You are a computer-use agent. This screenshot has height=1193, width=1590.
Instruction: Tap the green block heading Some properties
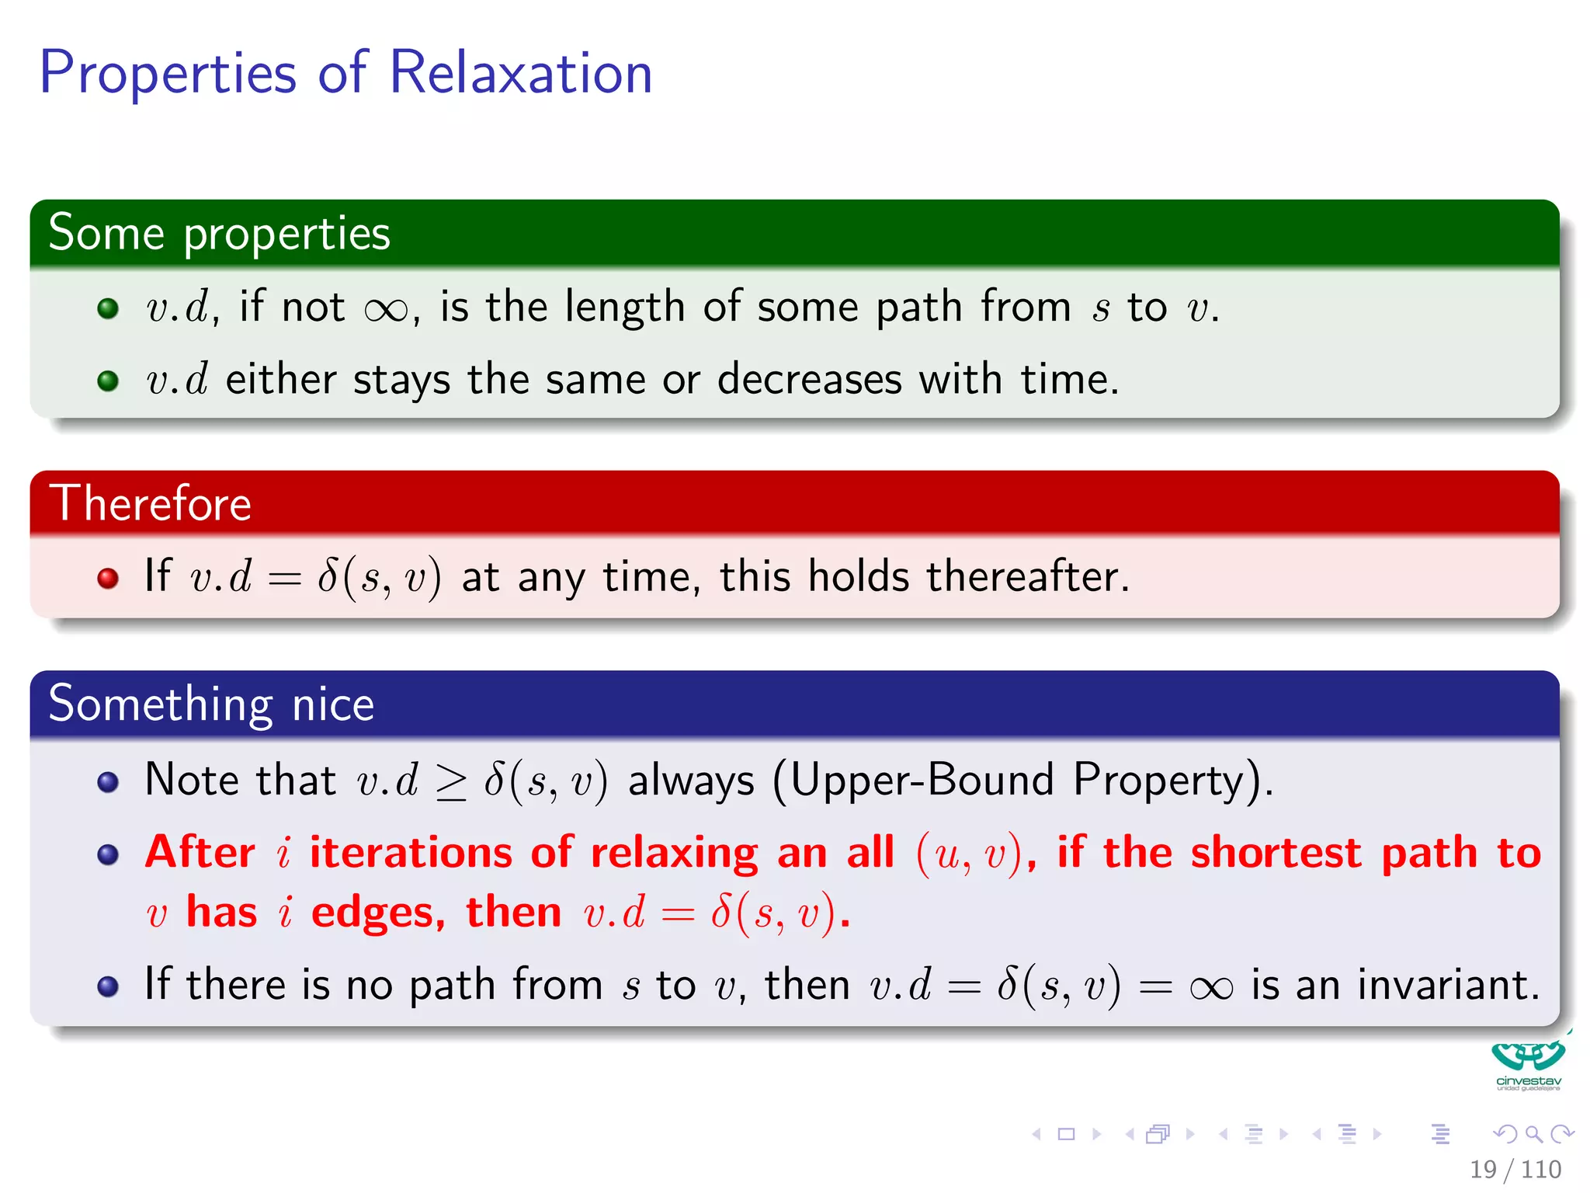pyautogui.click(x=219, y=233)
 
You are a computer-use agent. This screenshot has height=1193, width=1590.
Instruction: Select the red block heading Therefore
pyautogui.click(x=151, y=503)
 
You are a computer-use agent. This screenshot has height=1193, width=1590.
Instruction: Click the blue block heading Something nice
pyautogui.click(x=211, y=704)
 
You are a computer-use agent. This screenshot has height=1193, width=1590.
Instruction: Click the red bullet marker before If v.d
pyautogui.click(x=108, y=579)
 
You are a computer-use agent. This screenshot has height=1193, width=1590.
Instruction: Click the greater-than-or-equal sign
pyautogui.click(x=451, y=782)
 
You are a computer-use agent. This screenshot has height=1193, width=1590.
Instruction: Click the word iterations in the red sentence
pyautogui.click(x=411, y=853)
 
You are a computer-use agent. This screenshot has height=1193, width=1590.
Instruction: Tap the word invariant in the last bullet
pyautogui.click(x=1447, y=985)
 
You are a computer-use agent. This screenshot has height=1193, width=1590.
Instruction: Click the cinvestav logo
pyautogui.click(x=1528, y=1064)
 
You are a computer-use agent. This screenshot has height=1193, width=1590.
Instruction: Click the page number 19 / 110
pyautogui.click(x=1515, y=1169)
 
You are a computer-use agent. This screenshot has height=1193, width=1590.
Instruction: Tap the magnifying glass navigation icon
pyautogui.click(x=1533, y=1134)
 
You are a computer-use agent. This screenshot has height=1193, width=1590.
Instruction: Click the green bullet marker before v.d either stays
pyautogui.click(x=108, y=381)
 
